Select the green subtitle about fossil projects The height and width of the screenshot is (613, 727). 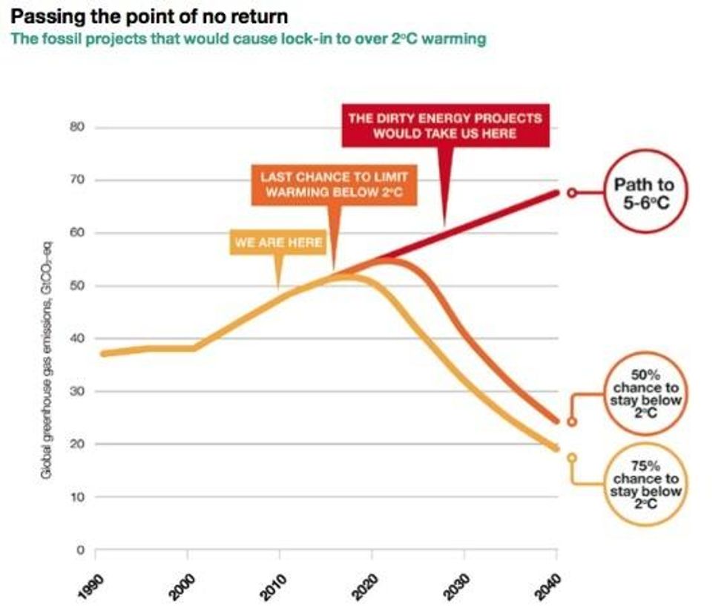pos(249,39)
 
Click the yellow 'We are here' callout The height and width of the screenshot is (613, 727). pos(278,242)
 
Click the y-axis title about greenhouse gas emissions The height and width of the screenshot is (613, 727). pos(47,357)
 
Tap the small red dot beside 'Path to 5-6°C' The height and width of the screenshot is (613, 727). pos(572,192)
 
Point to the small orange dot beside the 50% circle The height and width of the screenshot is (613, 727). pos(572,422)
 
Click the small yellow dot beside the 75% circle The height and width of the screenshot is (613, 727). pos(572,458)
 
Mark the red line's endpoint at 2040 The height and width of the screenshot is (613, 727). pos(556,193)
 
